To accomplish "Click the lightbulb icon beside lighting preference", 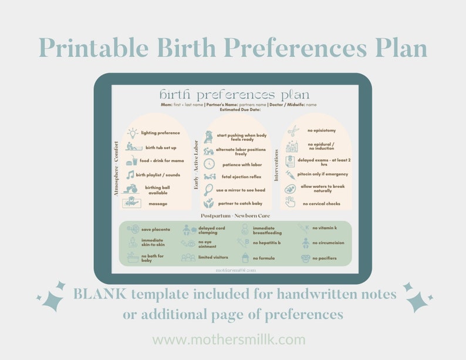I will (131, 133).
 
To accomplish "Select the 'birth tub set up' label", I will (160, 147).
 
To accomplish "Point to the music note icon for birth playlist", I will (130, 175).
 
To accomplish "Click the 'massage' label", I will (157, 204).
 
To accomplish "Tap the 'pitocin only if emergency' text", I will (323, 174).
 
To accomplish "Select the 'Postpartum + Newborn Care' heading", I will (233, 216).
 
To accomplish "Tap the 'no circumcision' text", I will (328, 243).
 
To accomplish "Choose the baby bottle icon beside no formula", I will (245, 258).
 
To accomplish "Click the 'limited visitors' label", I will (213, 258).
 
